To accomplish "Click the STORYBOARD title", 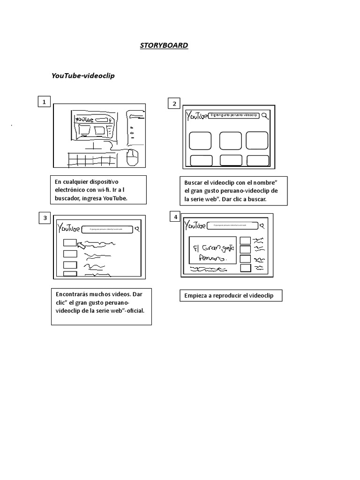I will pyautogui.click(x=164, y=45).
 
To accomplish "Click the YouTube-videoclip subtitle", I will pyautogui.click(x=82, y=75).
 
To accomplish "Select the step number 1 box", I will pyautogui.click(x=44, y=102).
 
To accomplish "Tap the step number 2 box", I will pyautogui.click(x=174, y=104).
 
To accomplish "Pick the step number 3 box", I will pyautogui.click(x=45, y=217).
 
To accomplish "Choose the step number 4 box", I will pyautogui.click(x=175, y=217).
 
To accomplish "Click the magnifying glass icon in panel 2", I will pyautogui.click(x=265, y=116).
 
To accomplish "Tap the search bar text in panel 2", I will pyautogui.click(x=234, y=115).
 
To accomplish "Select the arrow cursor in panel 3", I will pyautogui.click(x=82, y=244).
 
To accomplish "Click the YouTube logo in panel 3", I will pyautogui.click(x=68, y=228).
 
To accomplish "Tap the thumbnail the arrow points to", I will pyautogui.click(x=69, y=242).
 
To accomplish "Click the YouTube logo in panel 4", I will pyautogui.click(x=195, y=226).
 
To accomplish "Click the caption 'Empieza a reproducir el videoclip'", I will pyautogui.click(x=231, y=296).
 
